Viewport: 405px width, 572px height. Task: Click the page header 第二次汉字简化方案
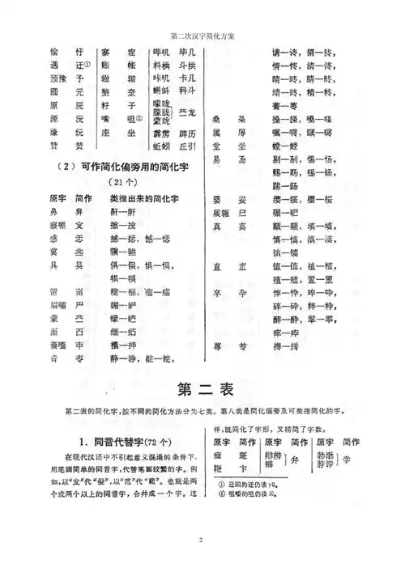pos(202,36)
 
